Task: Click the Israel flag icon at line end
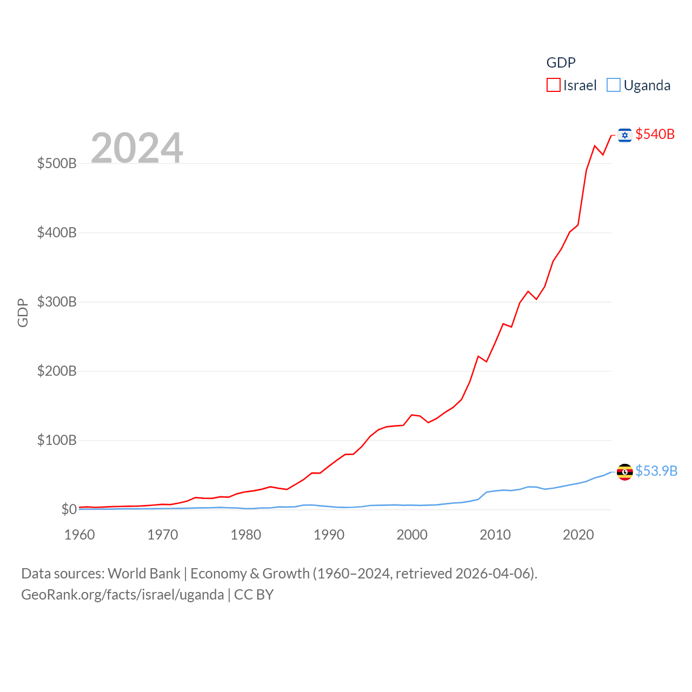pyautogui.click(x=624, y=135)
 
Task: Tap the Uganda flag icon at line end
pyautogui.click(x=624, y=471)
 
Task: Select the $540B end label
pyautogui.click(x=655, y=134)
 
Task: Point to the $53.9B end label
pyautogui.click(x=656, y=471)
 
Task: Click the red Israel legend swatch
pyautogui.click(x=553, y=85)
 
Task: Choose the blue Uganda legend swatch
pyautogui.click(x=613, y=85)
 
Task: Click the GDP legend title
pyautogui.click(x=561, y=63)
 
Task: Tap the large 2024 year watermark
pyautogui.click(x=137, y=148)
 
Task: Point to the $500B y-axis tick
pyautogui.click(x=57, y=163)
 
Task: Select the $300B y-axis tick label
pyautogui.click(x=57, y=302)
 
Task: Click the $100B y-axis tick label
pyautogui.click(x=57, y=440)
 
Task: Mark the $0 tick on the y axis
pyautogui.click(x=69, y=509)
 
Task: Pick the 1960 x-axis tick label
pyautogui.click(x=79, y=535)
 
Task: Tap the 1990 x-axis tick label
pyautogui.click(x=329, y=535)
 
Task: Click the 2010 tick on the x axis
pyautogui.click(x=495, y=535)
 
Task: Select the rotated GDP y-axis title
pyautogui.click(x=23, y=312)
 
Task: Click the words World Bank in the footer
pyautogui.click(x=144, y=574)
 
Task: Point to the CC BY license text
pyautogui.click(x=254, y=595)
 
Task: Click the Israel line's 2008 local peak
pyautogui.click(x=478, y=356)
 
